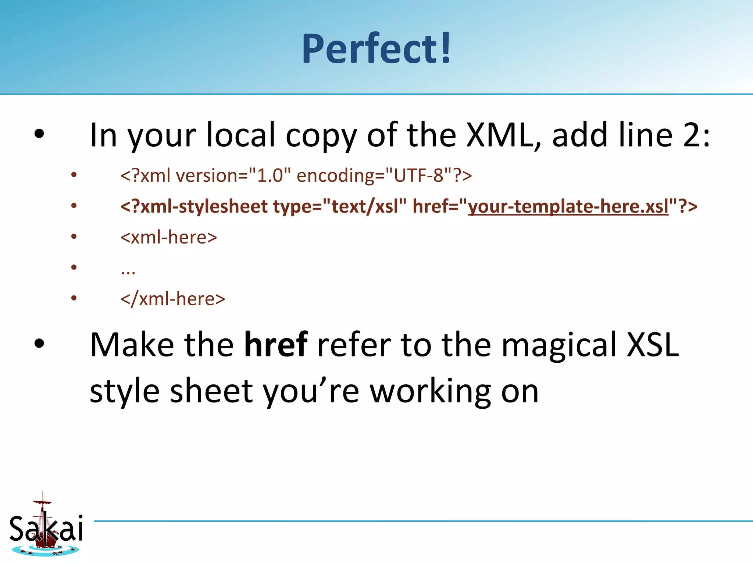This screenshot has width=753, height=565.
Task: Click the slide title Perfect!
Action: [x=376, y=49]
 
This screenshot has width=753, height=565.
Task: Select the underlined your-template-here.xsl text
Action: [x=568, y=206]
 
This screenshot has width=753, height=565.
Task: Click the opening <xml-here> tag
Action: [x=169, y=237]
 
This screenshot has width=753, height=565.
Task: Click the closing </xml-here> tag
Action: [x=173, y=299]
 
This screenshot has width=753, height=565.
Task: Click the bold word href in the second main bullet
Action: [x=276, y=345]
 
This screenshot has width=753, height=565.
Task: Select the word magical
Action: [x=559, y=345]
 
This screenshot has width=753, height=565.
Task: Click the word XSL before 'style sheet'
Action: [x=653, y=345]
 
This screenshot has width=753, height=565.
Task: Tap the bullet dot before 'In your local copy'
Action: [x=39, y=134]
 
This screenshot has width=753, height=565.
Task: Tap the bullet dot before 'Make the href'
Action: [x=39, y=344]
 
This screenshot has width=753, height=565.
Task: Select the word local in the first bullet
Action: [x=241, y=135]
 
